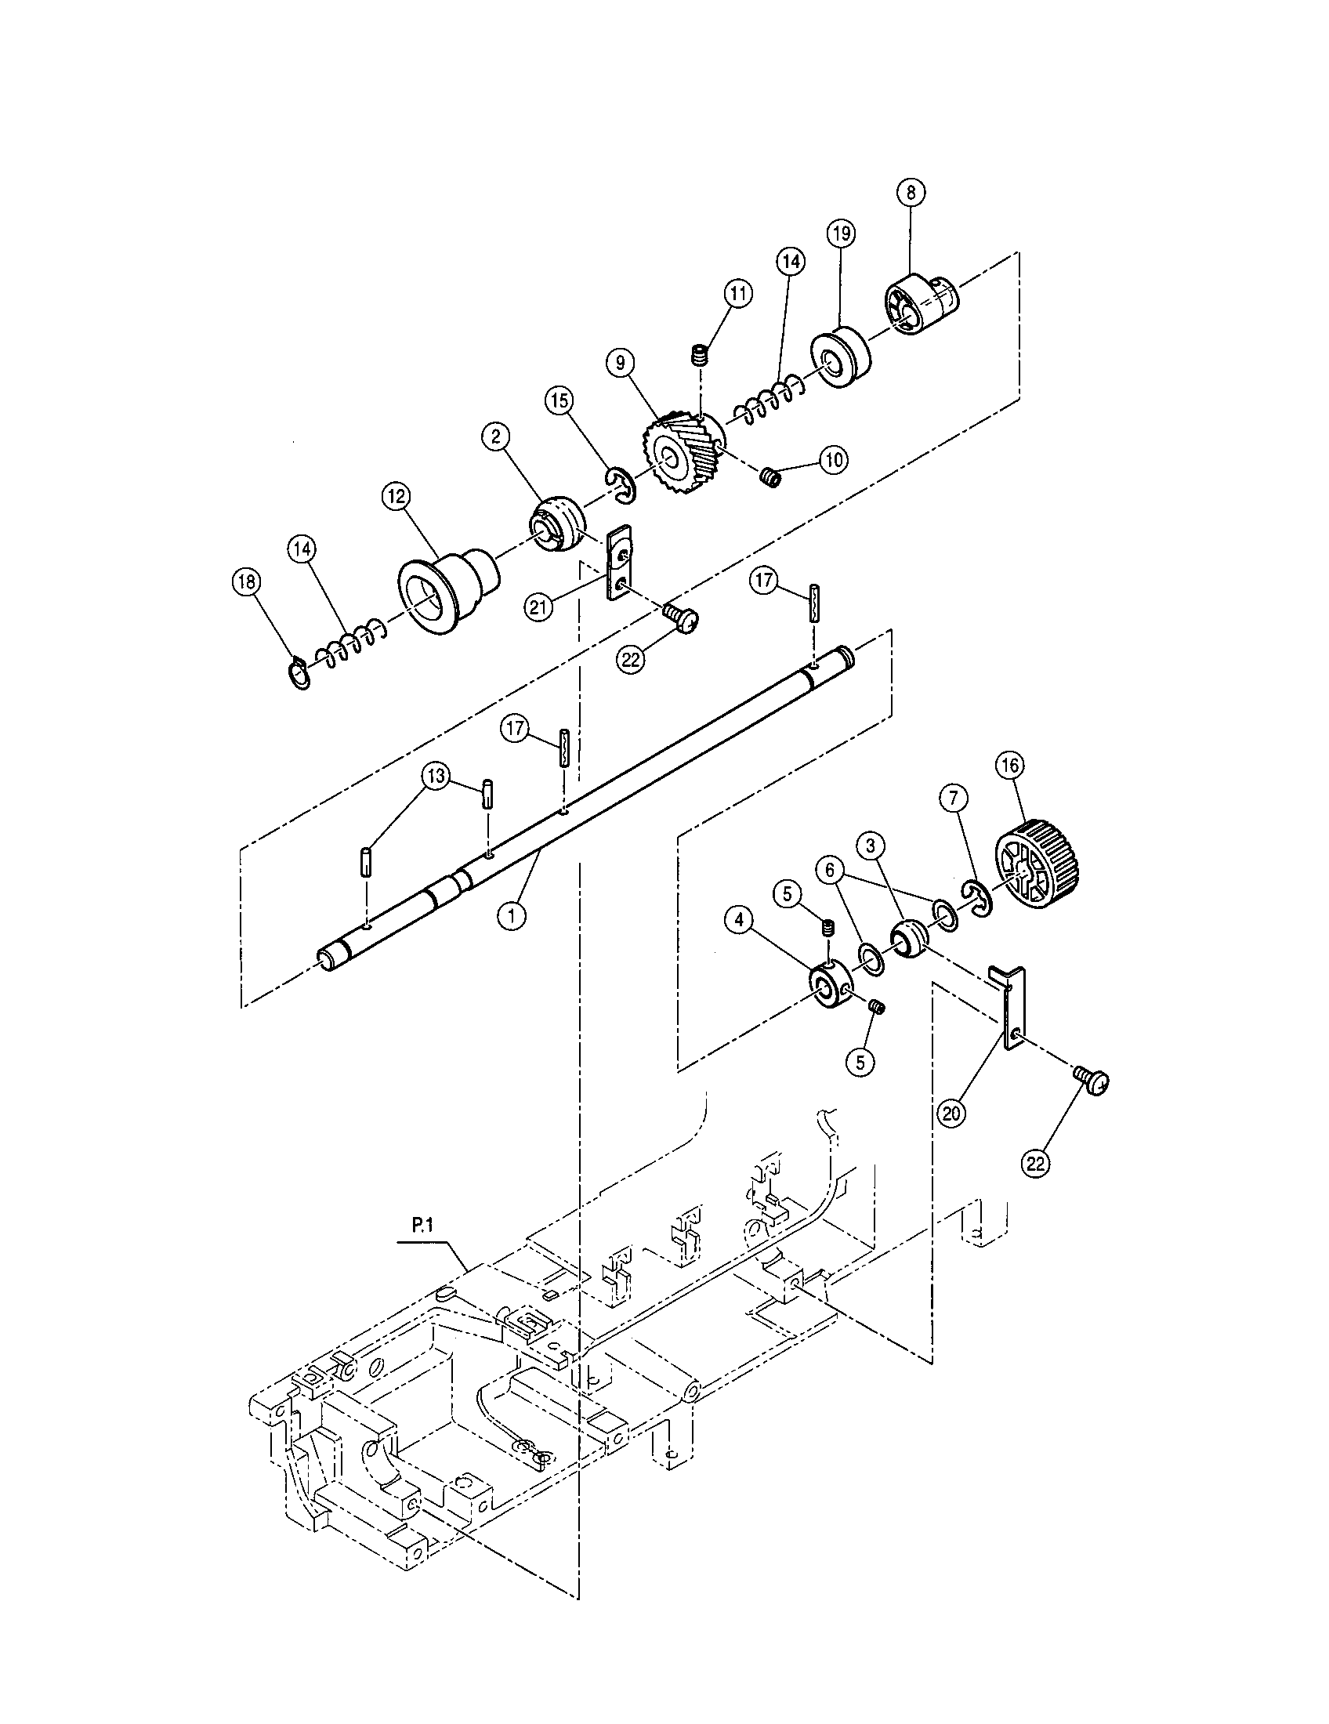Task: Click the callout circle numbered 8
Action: pos(911,193)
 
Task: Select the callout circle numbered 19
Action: pos(841,233)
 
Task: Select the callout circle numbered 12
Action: pos(396,496)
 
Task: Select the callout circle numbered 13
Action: pos(436,776)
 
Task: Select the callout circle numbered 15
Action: pos(559,401)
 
